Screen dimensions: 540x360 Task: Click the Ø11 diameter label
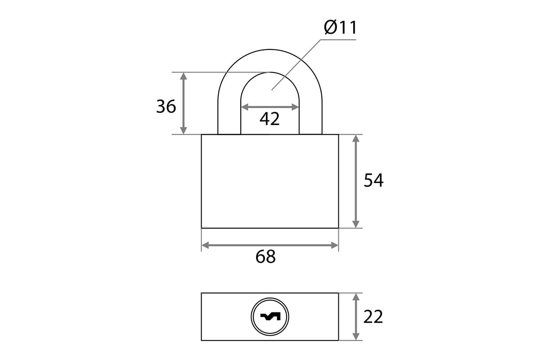pyautogui.click(x=340, y=28)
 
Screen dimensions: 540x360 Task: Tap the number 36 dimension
pyautogui.click(x=166, y=107)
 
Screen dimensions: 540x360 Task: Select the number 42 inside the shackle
pyautogui.click(x=270, y=119)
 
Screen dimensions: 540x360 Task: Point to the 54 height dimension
pyautogui.click(x=373, y=180)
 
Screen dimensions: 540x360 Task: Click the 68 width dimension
pyautogui.click(x=265, y=257)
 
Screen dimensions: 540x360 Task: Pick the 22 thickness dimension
pyautogui.click(x=373, y=317)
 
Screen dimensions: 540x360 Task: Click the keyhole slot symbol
pyautogui.click(x=270, y=316)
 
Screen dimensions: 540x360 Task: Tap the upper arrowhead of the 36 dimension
pyautogui.click(x=184, y=76)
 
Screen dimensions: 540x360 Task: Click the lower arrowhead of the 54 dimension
pyautogui.click(x=356, y=224)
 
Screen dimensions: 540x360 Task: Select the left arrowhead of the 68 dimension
pyautogui.click(x=205, y=245)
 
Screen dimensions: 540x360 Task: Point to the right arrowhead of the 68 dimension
pyautogui.click(x=335, y=245)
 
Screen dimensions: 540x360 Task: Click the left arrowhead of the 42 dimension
pyautogui.click(x=245, y=107)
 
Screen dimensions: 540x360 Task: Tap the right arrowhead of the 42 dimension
pyautogui.click(x=295, y=107)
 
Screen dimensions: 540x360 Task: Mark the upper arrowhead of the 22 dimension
pyautogui.click(x=356, y=297)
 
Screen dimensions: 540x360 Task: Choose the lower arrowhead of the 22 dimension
pyautogui.click(x=356, y=337)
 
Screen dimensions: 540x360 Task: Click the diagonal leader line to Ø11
pyautogui.click(x=296, y=65)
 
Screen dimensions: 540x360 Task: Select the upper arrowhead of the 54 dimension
pyautogui.click(x=356, y=139)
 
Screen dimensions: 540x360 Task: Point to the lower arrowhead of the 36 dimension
pyautogui.click(x=184, y=130)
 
